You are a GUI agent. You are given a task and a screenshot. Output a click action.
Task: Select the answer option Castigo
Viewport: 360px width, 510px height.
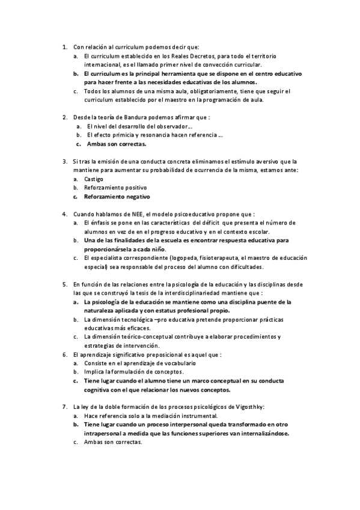94,179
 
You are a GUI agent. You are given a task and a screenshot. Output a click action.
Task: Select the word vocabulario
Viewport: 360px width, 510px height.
176,363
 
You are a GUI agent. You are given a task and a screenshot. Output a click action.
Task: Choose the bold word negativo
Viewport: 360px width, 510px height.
135,197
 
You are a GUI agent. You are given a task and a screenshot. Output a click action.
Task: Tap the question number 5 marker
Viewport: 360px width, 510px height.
64,284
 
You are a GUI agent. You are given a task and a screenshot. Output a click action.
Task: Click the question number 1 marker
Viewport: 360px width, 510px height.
64,46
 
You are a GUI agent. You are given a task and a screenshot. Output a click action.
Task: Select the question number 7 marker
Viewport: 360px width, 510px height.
64,407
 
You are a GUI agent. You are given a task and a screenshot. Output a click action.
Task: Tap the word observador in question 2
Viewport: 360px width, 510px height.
169,126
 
